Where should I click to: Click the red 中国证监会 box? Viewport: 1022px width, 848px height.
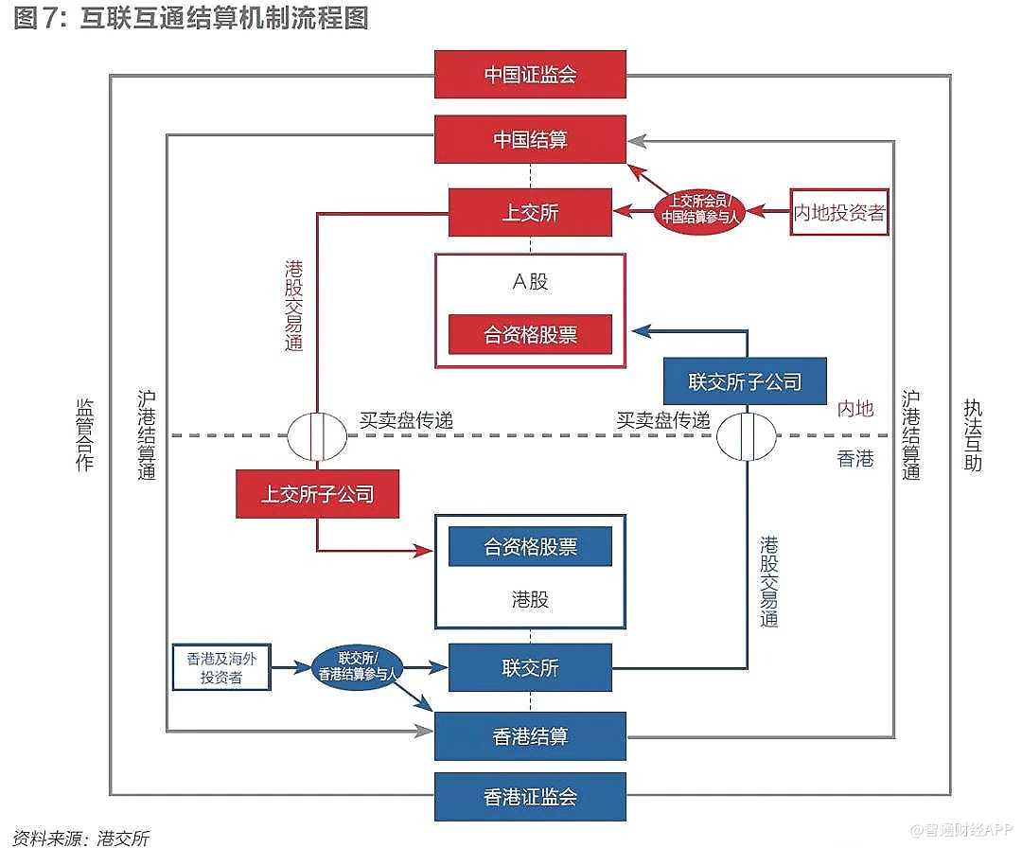click(530, 74)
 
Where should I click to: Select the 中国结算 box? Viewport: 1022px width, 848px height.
click(530, 139)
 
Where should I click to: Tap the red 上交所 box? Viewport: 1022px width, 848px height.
click(530, 212)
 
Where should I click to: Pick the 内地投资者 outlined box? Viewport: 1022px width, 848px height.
click(839, 212)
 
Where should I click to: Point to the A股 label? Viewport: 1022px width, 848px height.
click(530, 281)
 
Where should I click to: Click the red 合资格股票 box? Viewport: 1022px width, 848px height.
click(530, 334)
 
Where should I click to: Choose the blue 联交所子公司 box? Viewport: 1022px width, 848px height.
click(745, 381)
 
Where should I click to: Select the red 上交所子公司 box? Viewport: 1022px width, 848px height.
click(317, 493)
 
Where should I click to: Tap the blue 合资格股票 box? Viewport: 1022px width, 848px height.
click(530, 547)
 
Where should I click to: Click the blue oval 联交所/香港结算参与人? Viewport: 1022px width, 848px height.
click(357, 665)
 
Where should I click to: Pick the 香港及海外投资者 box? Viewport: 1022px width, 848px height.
click(220, 666)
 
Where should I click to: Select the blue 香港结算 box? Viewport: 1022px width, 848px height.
click(530, 736)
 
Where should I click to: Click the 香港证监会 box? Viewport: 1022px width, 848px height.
click(530, 796)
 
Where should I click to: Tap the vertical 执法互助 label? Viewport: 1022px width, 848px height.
click(973, 434)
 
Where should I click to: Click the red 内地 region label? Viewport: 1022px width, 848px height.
click(855, 409)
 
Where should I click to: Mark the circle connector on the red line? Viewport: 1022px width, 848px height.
click(317, 435)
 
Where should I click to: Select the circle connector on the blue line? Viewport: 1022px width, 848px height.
click(746, 435)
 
